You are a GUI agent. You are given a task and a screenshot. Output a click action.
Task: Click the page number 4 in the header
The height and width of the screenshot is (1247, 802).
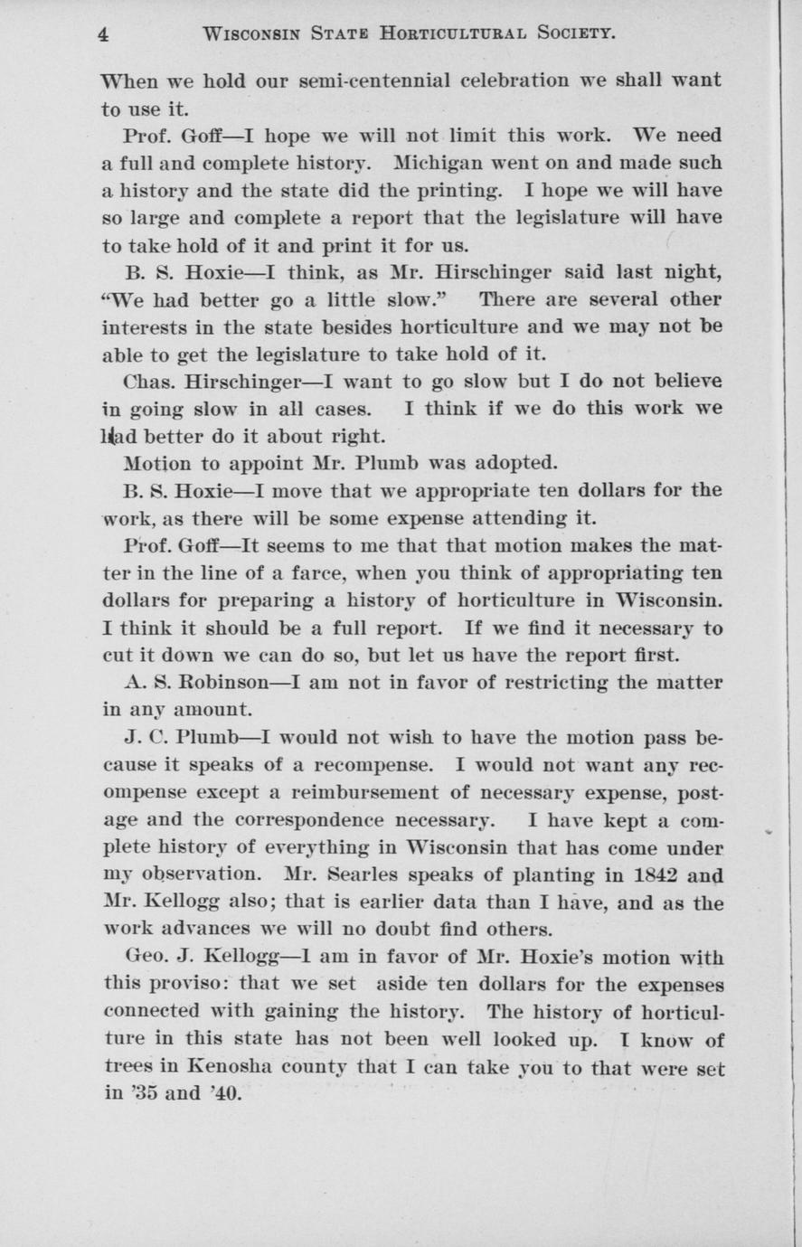(104, 34)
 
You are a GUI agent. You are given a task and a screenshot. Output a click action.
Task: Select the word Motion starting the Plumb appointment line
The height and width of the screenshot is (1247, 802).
(156, 464)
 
